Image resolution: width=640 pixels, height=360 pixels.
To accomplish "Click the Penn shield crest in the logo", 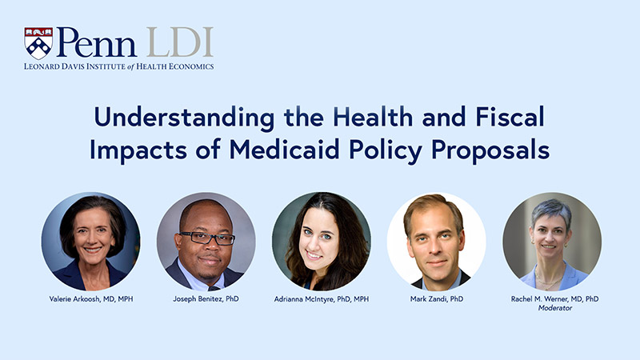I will (x=38, y=43).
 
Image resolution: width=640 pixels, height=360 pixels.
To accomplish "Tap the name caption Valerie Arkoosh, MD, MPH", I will (x=90, y=298).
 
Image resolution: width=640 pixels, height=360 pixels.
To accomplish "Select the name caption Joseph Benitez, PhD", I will (x=206, y=298).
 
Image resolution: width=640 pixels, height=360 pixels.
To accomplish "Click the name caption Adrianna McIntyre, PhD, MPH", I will (x=321, y=298).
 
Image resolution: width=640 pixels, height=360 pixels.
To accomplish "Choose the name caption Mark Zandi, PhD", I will (x=436, y=298).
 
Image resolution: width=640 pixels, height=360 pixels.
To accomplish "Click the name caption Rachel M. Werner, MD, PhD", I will (x=551, y=298).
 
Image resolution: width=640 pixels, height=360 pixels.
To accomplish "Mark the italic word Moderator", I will (x=551, y=308).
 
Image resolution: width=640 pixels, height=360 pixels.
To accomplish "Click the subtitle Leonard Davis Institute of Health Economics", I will (x=119, y=66).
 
